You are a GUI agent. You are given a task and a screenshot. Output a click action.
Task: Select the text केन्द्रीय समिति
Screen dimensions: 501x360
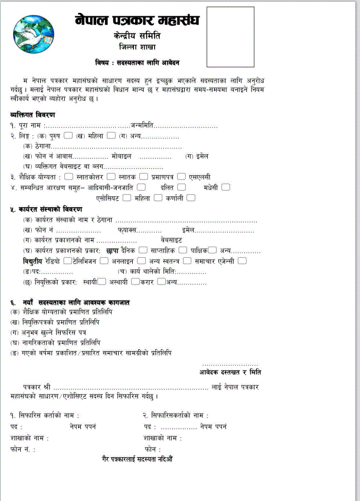137,37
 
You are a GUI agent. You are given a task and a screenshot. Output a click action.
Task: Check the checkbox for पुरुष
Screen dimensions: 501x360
68,136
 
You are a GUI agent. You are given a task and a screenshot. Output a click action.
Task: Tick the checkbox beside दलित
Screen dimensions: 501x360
181,187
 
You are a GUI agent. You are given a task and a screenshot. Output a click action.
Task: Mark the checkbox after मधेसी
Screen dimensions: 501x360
225,187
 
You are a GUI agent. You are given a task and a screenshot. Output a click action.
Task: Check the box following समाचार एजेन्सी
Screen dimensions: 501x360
242,261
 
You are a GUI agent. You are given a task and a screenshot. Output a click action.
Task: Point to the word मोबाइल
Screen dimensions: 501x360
122,156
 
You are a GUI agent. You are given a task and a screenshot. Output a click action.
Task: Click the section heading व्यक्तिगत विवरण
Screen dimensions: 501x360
32,114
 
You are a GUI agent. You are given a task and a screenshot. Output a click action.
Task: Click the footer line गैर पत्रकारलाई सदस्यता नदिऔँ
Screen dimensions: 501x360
137,459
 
